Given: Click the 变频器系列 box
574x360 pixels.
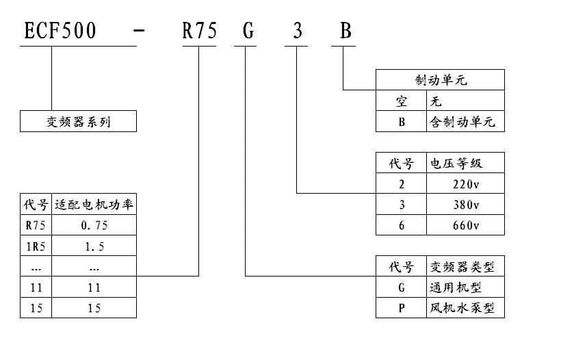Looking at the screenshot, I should pos(78,122).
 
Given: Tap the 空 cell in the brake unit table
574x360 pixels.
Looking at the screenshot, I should pos(402,101).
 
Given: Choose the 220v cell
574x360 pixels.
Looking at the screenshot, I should pos(466,183).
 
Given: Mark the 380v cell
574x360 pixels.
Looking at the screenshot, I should pos(466,205).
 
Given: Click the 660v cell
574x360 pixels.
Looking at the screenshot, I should pos(466,226).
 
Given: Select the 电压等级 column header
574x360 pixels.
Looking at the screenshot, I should pos(466,163).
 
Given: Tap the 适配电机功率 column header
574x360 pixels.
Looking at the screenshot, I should pos(94,205).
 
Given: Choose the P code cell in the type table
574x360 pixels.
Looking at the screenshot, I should pos(402,308).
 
